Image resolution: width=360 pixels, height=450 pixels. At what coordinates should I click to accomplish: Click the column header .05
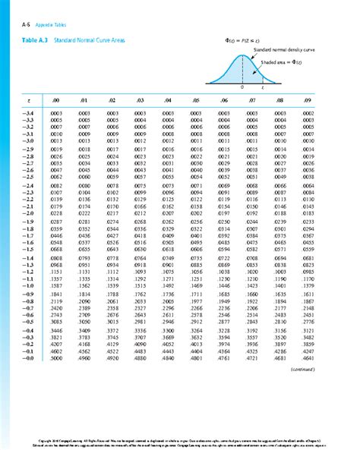click(196, 99)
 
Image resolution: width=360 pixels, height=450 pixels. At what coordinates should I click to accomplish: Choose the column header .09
click(306, 99)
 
